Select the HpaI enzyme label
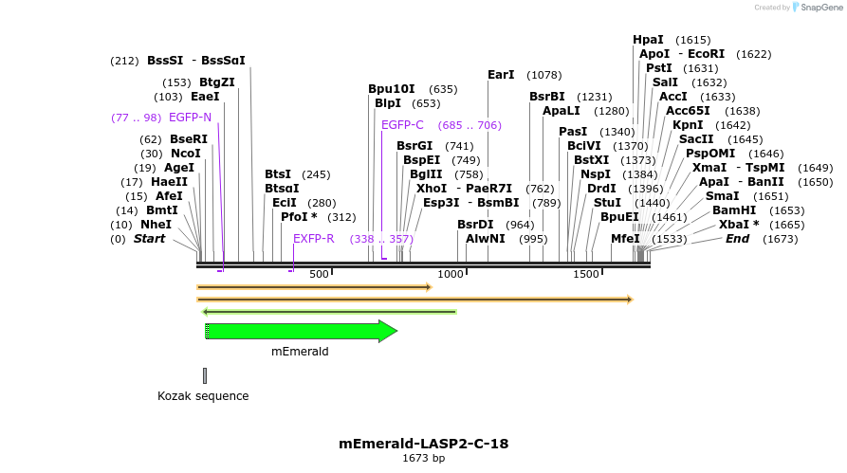(648, 40)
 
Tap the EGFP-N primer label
(190, 118)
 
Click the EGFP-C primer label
(402, 125)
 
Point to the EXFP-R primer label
(314, 239)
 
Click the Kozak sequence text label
(203, 396)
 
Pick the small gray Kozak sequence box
(204, 375)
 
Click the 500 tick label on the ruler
(319, 274)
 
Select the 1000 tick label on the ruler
(451, 274)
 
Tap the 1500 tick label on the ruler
(586, 274)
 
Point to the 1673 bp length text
(423, 459)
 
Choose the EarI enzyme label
(501, 75)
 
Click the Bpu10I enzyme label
(392, 89)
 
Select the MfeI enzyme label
(625, 239)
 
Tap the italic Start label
(149, 239)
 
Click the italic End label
(737, 239)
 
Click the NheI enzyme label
(157, 225)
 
